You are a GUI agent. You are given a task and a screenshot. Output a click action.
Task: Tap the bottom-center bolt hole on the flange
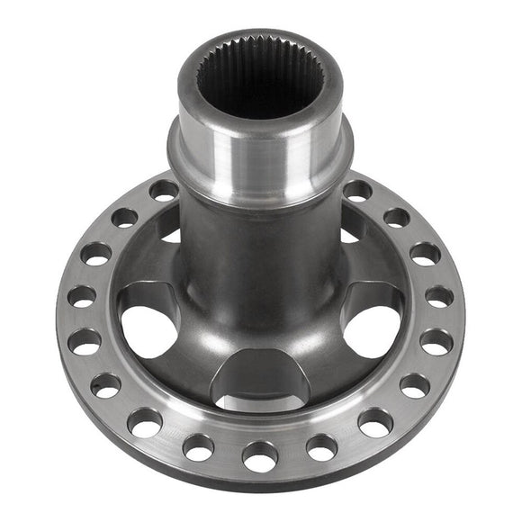tap(260, 454)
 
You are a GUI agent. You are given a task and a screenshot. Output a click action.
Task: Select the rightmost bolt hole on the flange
tap(439, 296)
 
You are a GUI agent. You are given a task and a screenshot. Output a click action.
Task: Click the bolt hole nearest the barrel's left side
tap(164, 190)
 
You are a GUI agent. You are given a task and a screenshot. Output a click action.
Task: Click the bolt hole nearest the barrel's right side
tap(356, 190)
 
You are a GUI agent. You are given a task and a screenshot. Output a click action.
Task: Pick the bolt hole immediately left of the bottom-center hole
tap(199, 445)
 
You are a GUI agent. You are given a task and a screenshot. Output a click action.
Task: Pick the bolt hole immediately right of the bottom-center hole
tap(322, 445)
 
